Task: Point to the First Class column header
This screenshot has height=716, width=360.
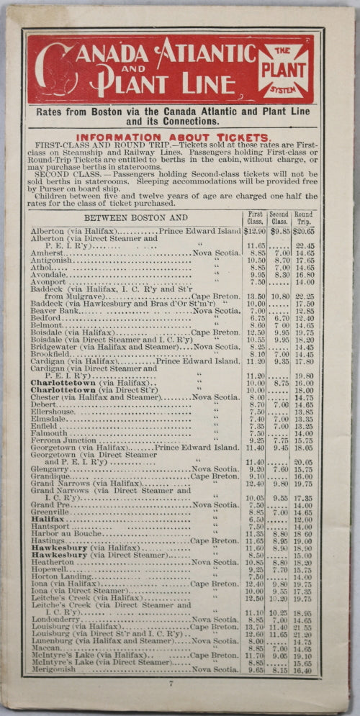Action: (255, 217)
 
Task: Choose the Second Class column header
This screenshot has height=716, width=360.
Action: (279, 217)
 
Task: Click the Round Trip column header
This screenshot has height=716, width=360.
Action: (303, 217)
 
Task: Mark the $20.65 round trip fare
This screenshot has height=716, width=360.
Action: (303, 231)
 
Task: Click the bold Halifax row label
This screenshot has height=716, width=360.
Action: (48, 519)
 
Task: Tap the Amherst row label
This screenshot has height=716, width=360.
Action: (47, 253)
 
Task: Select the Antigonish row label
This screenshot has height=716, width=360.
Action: (52, 261)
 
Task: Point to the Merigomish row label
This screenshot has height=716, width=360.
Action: (55, 670)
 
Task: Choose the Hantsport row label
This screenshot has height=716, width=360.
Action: (51, 527)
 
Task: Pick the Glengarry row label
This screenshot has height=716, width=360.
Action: (52, 468)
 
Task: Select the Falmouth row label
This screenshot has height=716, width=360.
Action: (49, 433)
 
